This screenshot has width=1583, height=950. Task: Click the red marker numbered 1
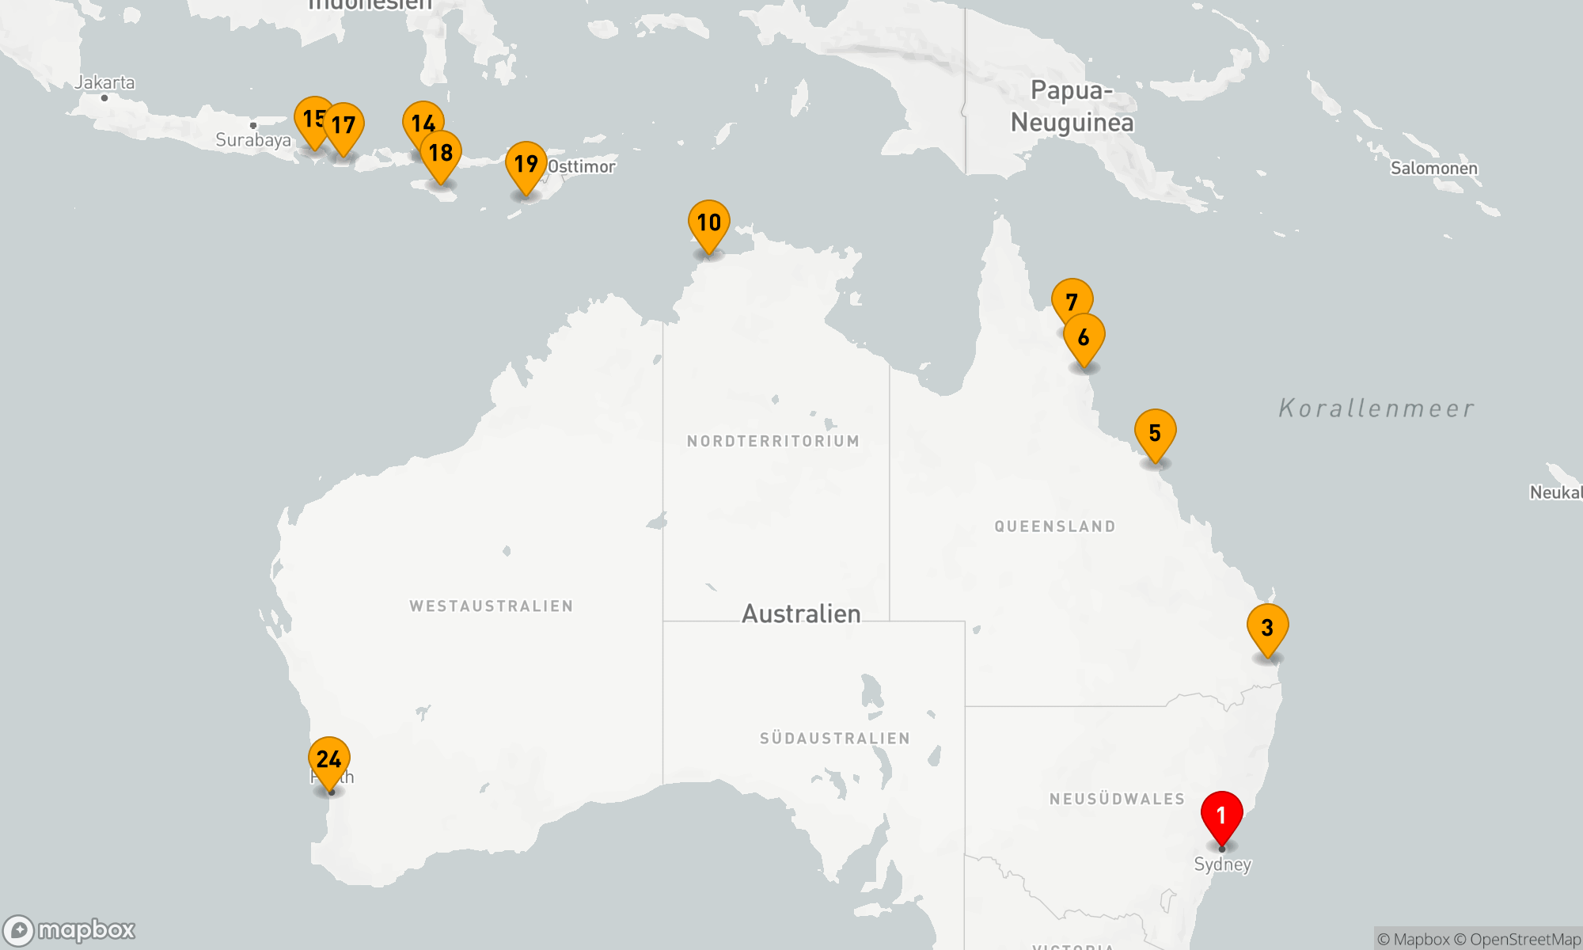pos(1221,815)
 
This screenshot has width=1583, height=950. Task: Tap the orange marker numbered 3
pos(1267,628)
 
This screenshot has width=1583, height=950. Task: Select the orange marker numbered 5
pos(1155,433)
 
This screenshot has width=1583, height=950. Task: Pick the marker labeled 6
pos(1084,338)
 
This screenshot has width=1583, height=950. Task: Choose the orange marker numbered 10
pos(708,223)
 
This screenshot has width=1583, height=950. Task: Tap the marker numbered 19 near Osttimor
pos(526,165)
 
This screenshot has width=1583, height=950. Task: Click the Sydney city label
pos(1222,864)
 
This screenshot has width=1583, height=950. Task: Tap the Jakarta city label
pos(104,82)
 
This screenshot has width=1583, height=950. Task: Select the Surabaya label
pos(252,140)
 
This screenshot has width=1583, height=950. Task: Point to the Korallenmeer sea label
pos(1376,408)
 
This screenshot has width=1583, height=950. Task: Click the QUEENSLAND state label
pos(1055,526)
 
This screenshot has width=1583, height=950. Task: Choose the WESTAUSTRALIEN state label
pos(491,606)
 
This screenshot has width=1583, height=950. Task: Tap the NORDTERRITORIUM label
pos(773,441)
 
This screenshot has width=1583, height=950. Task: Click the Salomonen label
pos(1433,168)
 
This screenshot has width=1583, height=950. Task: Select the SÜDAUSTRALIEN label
pos(834,739)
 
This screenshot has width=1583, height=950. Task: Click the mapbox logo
pos(70,929)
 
